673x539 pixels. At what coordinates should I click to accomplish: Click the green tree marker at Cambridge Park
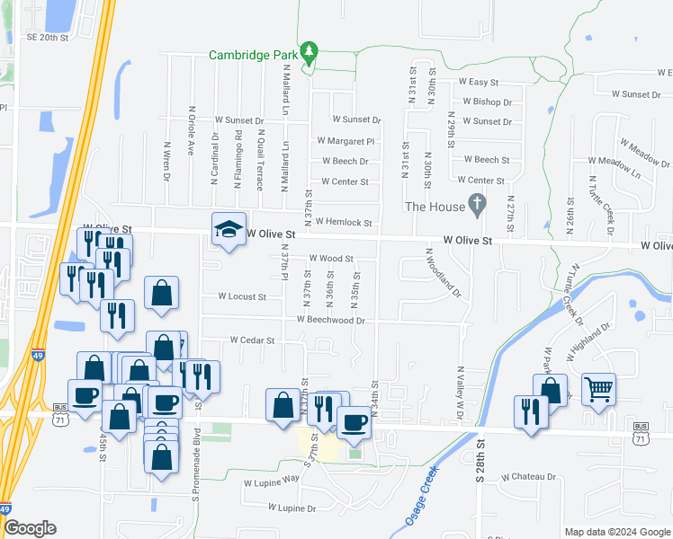[x=310, y=53]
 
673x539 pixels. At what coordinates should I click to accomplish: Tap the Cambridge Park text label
[x=253, y=54]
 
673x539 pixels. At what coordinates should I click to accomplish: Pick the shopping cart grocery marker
[x=598, y=390]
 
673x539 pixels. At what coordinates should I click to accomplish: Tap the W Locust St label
[x=242, y=296]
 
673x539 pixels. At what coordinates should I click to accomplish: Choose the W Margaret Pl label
[x=345, y=141]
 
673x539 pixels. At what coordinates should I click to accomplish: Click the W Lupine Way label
[x=271, y=481]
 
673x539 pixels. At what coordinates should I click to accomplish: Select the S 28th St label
[x=480, y=459]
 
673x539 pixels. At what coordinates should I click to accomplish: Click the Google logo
[x=30, y=528]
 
